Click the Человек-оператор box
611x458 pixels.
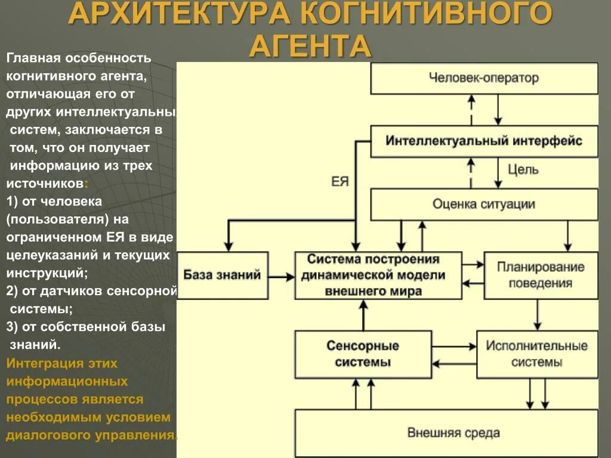(x=484, y=78)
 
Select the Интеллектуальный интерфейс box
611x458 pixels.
(x=484, y=141)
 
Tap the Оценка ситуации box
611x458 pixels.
(x=484, y=205)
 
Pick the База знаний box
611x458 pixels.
(x=223, y=275)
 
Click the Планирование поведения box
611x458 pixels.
(x=541, y=275)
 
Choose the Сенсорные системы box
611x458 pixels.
(x=363, y=354)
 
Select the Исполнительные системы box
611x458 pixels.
(x=536, y=354)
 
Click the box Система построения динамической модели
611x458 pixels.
(x=378, y=275)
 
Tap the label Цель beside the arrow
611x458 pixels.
(x=523, y=169)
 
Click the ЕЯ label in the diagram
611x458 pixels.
(x=340, y=181)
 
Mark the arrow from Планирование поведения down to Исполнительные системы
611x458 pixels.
(x=538, y=314)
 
